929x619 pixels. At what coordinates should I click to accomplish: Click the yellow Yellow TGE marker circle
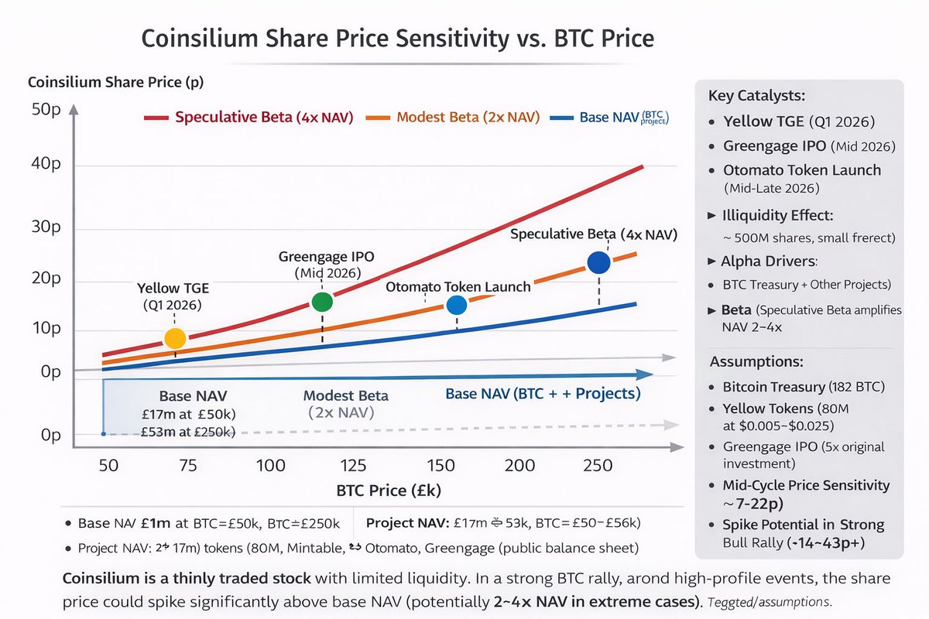pyautogui.click(x=176, y=338)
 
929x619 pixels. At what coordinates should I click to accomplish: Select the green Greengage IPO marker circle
pyautogui.click(x=322, y=302)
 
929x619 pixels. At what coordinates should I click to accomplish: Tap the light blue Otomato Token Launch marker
pyautogui.click(x=457, y=306)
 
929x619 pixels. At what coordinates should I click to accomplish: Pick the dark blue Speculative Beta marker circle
pyautogui.click(x=599, y=263)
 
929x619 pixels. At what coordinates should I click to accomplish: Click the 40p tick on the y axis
pyautogui.click(x=46, y=164)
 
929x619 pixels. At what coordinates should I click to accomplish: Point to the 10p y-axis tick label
pyautogui.click(x=46, y=330)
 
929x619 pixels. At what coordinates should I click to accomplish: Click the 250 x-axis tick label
pyautogui.click(x=597, y=465)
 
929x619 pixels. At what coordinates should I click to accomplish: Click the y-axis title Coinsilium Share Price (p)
pyautogui.click(x=115, y=81)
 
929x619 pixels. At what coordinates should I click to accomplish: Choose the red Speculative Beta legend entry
pyautogui.click(x=249, y=118)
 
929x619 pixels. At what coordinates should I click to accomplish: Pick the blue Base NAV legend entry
pyautogui.click(x=612, y=118)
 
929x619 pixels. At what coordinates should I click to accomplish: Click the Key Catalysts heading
pyautogui.click(x=756, y=96)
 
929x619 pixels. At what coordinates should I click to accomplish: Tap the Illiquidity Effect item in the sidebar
pyautogui.click(x=777, y=215)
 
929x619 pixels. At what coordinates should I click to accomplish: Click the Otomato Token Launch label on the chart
pyautogui.click(x=458, y=286)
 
